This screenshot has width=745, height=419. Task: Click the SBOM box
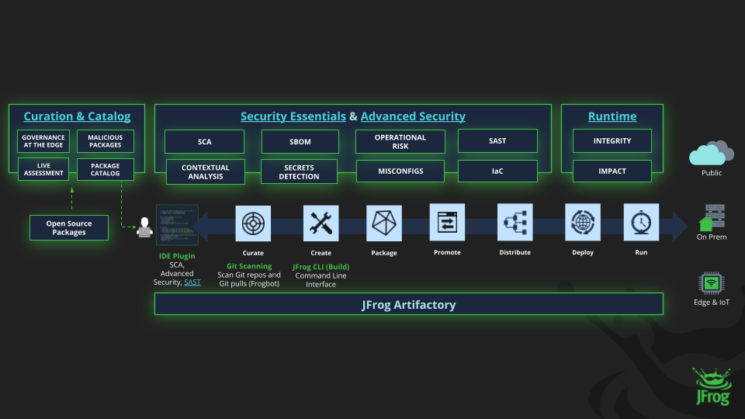(x=300, y=142)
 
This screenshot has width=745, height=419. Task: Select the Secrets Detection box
(x=299, y=171)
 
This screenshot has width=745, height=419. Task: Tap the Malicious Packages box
(x=105, y=141)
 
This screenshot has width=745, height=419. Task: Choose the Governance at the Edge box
(x=43, y=141)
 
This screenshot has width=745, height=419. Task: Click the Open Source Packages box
(x=69, y=228)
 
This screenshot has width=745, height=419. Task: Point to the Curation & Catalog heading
(x=77, y=116)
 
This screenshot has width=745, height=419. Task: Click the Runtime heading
(x=612, y=116)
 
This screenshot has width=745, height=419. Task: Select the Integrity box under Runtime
(x=612, y=141)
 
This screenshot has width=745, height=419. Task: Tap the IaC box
(x=497, y=171)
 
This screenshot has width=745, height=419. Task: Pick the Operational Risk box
(x=400, y=141)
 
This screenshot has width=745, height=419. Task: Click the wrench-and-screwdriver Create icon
(x=320, y=223)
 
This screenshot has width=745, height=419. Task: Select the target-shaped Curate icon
(x=253, y=223)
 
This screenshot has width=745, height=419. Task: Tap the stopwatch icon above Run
(x=641, y=223)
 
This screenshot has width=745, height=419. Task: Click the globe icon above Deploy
(x=582, y=223)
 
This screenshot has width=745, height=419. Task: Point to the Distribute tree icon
(x=515, y=223)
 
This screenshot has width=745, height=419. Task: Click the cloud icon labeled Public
(x=711, y=152)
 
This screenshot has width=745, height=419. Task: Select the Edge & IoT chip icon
(x=710, y=282)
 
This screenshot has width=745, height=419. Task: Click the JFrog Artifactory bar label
(x=408, y=304)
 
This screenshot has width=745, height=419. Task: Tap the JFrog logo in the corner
(x=711, y=386)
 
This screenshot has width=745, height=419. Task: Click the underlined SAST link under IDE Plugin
(x=192, y=282)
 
